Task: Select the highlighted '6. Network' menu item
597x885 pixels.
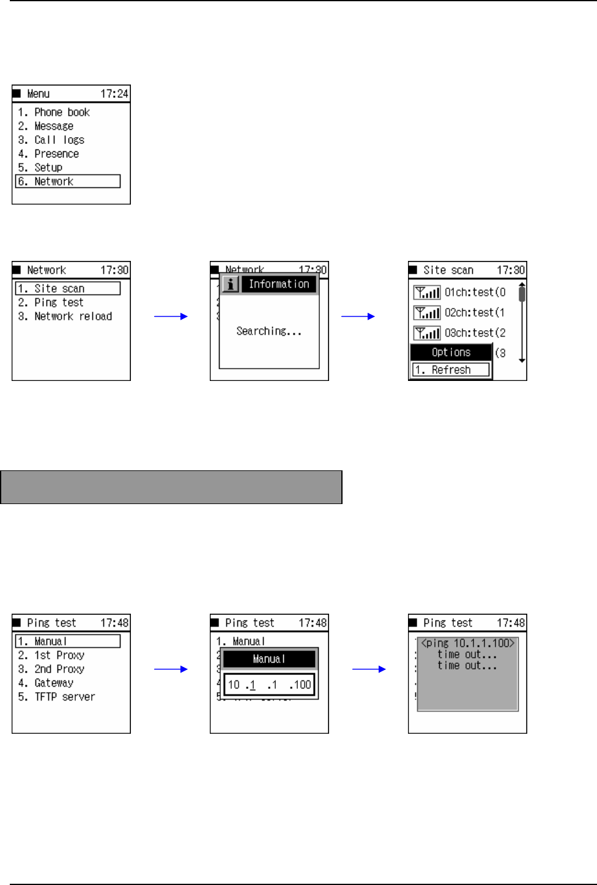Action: (x=67, y=181)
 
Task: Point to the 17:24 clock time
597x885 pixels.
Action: (x=114, y=94)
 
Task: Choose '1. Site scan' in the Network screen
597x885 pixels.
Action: (x=67, y=288)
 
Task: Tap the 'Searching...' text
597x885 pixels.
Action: (x=269, y=331)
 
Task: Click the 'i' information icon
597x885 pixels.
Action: (x=230, y=284)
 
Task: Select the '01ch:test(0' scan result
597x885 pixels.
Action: (x=475, y=292)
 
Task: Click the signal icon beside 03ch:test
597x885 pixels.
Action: (x=426, y=333)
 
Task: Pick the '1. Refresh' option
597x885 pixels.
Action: (x=451, y=370)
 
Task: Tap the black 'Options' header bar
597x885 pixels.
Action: (x=451, y=352)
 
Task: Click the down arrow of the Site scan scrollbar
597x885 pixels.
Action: (x=522, y=360)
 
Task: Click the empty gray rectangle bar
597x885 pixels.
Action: (x=171, y=487)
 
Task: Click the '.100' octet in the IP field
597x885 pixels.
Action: (x=300, y=685)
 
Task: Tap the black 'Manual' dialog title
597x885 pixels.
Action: (x=269, y=659)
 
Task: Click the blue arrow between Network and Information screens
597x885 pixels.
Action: (x=171, y=316)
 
